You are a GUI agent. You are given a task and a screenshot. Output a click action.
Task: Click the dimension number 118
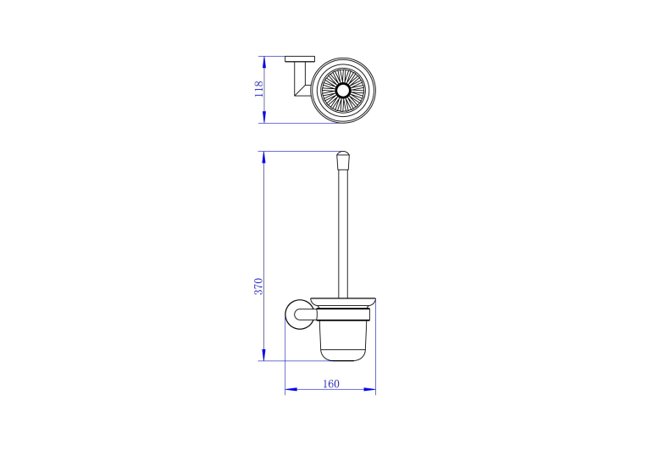pos(258,89)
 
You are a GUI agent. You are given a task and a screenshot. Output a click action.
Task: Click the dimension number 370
pos(258,287)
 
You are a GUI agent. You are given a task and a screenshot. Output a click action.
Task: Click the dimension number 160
pos(331,384)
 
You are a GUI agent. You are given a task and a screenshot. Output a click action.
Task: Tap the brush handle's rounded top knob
pos(343,161)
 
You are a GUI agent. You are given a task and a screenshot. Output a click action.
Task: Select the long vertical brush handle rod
pos(343,234)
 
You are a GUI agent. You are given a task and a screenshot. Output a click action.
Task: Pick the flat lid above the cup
pos(343,302)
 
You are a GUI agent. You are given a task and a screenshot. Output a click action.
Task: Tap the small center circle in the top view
pos(342,90)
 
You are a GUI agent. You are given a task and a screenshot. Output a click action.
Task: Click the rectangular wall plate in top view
pos(300,59)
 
